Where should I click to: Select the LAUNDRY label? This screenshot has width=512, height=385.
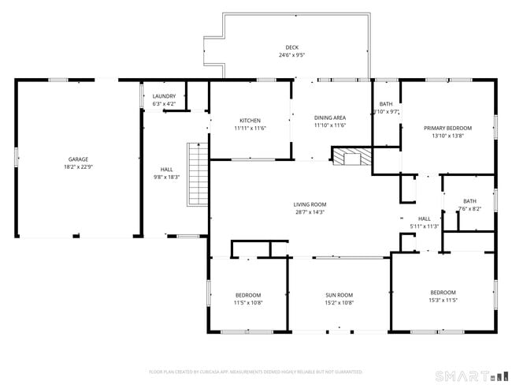[164, 95]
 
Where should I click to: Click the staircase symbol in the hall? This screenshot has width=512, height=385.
[197, 174]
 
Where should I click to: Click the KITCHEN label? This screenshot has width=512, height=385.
[250, 120]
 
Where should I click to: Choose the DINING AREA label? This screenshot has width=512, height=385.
[330, 117]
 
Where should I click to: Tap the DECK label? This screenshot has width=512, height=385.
[291, 47]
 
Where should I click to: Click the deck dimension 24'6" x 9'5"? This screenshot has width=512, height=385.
[291, 55]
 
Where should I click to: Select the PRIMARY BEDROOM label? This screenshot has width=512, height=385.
[447, 128]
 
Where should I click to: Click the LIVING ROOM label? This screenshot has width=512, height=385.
[310, 204]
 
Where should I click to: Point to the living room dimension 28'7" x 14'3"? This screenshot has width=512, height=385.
[310, 211]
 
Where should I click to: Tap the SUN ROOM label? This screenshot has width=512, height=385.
[339, 294]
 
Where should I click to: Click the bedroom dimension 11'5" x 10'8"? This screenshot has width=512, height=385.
[247, 302]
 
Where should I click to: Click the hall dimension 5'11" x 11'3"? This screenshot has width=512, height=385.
[424, 226]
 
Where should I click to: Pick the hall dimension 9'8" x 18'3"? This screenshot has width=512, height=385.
[166, 177]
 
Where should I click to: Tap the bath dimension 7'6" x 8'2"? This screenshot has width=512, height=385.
[469, 209]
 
